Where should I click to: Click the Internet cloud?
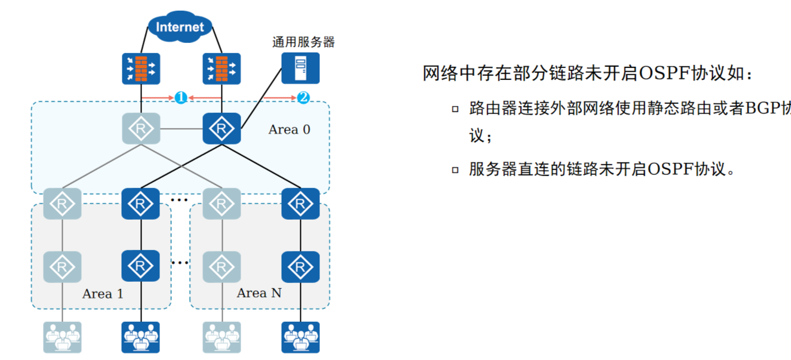point(180,27)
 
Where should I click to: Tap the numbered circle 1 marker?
point(181,97)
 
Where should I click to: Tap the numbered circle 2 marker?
point(303,97)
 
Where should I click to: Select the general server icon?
point(300,68)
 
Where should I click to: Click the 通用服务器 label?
point(303,42)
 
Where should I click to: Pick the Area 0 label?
point(290,130)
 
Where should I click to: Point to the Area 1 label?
point(103,294)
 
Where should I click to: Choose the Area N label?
point(259,293)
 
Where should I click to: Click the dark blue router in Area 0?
point(221,128)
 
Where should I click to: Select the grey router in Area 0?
point(141,128)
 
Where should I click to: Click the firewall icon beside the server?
point(221,68)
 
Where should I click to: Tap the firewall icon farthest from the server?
point(141,68)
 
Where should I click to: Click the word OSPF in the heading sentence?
point(663,73)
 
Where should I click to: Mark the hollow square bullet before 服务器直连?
point(455,170)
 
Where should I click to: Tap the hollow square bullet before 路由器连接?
point(455,109)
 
